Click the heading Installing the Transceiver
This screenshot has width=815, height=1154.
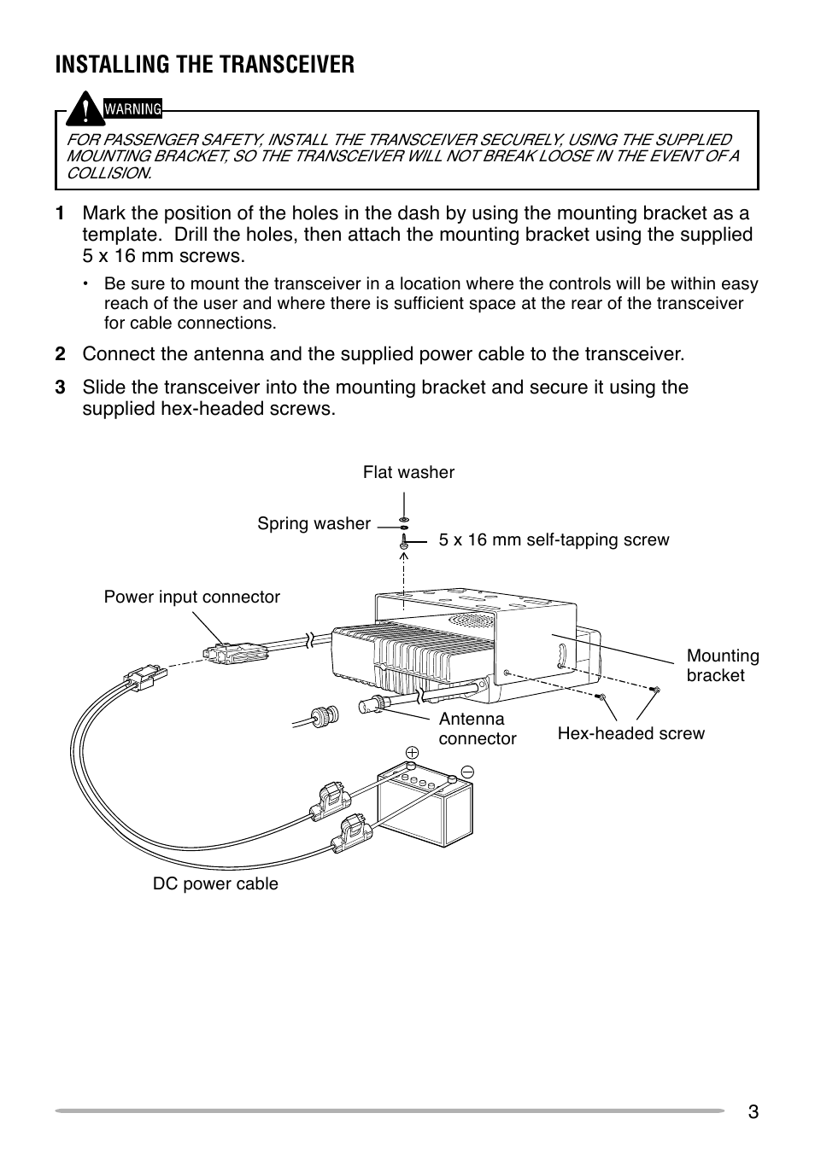[x=204, y=65]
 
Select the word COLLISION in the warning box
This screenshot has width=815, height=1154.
[x=108, y=172]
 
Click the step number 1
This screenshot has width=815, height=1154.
[x=60, y=213]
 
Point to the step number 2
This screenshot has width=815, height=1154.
[x=60, y=354]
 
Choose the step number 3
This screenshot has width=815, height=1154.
[x=60, y=388]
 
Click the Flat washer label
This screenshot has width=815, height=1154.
[x=408, y=472]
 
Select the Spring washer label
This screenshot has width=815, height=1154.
[x=314, y=524]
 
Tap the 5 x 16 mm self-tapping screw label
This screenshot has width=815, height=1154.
[x=554, y=539]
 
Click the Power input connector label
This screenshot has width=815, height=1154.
[x=191, y=597]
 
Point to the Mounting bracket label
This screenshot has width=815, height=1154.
[x=722, y=666]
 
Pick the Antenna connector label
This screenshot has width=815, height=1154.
[x=477, y=729]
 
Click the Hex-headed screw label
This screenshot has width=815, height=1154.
[x=630, y=733]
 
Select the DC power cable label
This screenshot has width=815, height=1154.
[x=215, y=884]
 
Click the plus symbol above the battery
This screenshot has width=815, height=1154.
[x=412, y=752]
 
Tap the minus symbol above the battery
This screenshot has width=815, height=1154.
[x=467, y=771]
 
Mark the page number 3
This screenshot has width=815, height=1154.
[x=752, y=1111]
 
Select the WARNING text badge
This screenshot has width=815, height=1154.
[x=132, y=109]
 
